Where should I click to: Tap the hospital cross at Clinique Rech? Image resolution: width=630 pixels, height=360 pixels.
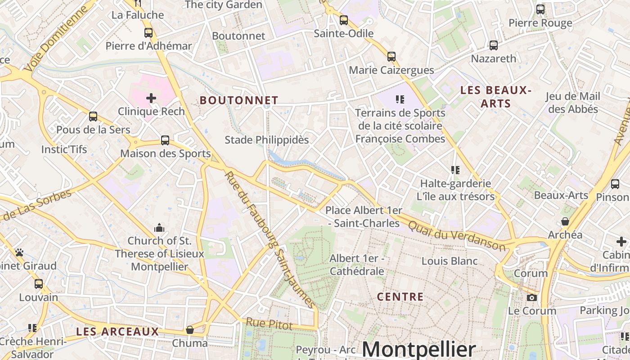click(x=151, y=98)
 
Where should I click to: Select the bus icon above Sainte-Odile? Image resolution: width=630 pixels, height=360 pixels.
click(x=344, y=20)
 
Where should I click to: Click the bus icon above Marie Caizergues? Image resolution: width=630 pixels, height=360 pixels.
click(x=391, y=57)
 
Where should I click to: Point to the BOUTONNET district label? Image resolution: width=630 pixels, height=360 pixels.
click(x=239, y=100)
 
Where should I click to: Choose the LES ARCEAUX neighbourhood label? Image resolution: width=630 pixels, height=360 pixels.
click(x=117, y=332)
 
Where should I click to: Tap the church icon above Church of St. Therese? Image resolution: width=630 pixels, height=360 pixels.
click(x=159, y=228)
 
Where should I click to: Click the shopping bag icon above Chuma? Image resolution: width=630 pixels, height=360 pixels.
click(x=190, y=330)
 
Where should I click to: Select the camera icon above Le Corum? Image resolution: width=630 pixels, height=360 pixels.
click(x=532, y=297)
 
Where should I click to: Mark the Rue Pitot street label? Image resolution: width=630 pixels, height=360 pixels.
click(x=269, y=324)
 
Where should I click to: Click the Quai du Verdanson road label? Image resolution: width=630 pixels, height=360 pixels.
click(x=457, y=231)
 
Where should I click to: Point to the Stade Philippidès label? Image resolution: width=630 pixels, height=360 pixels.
click(x=267, y=140)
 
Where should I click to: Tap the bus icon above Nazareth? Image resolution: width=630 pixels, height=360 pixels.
click(x=494, y=45)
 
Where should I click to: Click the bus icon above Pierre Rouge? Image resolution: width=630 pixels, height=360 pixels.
click(x=540, y=9)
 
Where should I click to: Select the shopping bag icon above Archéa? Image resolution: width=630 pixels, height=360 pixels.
click(x=565, y=221)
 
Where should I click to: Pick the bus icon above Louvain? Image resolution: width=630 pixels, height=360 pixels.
click(x=39, y=284)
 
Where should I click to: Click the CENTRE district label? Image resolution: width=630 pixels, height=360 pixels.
click(x=400, y=297)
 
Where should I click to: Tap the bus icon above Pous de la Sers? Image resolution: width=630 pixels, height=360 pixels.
click(x=93, y=117)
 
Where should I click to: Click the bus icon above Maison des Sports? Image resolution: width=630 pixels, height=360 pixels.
click(x=165, y=140)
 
